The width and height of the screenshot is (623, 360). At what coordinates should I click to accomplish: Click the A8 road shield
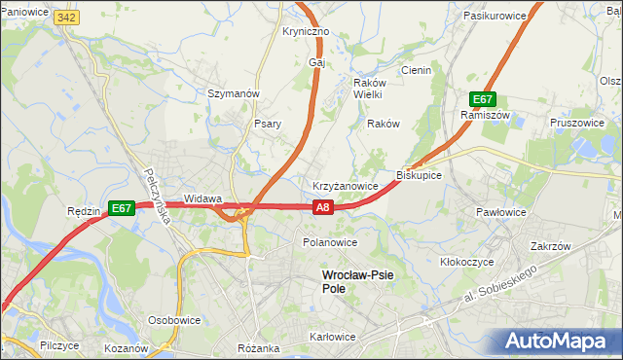[x=324, y=206]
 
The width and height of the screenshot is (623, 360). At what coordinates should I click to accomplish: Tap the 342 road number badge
[x=67, y=18]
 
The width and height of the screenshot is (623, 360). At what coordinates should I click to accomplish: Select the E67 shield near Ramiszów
[x=484, y=99]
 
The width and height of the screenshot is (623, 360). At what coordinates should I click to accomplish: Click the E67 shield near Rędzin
[x=121, y=207]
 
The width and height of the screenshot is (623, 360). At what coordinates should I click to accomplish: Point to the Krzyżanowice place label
[x=345, y=185]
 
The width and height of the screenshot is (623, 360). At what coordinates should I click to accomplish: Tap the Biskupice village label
[x=420, y=175]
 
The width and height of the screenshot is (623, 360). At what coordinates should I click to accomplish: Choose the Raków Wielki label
[x=367, y=89]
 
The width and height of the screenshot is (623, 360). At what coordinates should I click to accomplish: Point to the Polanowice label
[x=330, y=242]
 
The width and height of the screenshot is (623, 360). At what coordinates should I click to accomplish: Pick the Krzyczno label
[x=306, y=31]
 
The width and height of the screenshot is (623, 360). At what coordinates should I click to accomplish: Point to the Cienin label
[x=416, y=70]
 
